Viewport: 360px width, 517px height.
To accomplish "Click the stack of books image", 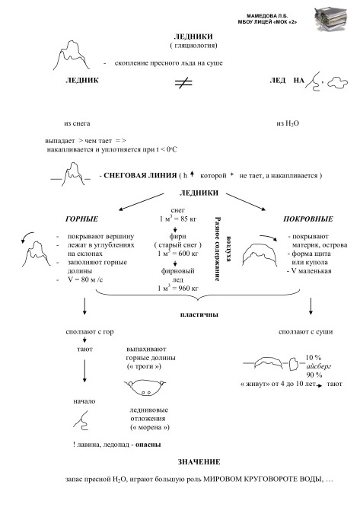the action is tap(331, 19).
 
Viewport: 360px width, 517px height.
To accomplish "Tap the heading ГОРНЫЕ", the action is tap(81, 219).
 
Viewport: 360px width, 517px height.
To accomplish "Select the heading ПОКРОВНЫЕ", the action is tap(308, 219).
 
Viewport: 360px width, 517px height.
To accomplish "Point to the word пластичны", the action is tap(199, 314).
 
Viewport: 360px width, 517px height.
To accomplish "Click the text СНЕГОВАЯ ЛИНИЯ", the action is tap(140, 175).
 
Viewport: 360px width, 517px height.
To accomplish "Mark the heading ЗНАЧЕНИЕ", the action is tap(199, 462).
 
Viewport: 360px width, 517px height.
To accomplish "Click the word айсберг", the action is tap(318, 366).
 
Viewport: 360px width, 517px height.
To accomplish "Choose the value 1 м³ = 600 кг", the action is tap(177, 254).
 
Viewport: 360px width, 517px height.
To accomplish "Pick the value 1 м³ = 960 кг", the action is tap(177, 288).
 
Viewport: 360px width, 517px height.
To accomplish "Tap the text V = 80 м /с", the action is tap(85, 279).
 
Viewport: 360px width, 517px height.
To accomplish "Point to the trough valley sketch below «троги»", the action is tap(145, 388).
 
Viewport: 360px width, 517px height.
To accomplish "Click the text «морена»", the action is tap(150, 427).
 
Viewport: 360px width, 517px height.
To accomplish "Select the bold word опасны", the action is tap(148, 445).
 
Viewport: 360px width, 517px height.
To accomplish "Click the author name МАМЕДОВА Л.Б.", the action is tap(267, 16).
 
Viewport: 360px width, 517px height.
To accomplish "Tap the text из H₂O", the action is tap(288, 123).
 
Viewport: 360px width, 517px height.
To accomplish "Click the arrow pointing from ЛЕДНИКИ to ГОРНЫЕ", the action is tap(141, 202).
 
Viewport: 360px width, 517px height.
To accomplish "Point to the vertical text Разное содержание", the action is tap(217, 249).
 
